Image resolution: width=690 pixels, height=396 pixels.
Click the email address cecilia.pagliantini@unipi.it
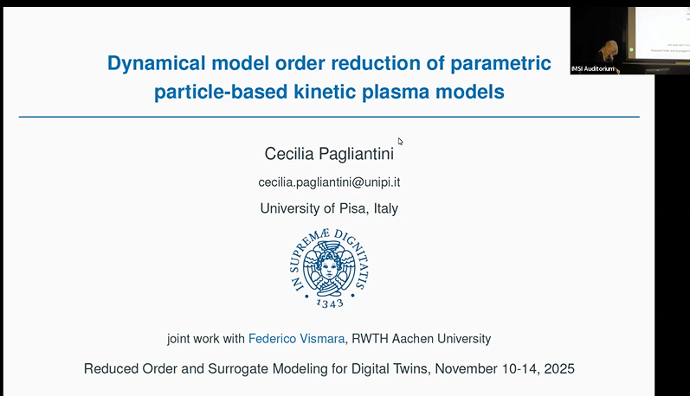(x=329, y=182)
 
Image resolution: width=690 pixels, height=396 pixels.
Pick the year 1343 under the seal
(x=329, y=303)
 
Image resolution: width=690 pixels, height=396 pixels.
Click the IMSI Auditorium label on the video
(x=592, y=68)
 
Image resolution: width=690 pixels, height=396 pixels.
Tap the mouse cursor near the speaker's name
(x=400, y=141)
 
